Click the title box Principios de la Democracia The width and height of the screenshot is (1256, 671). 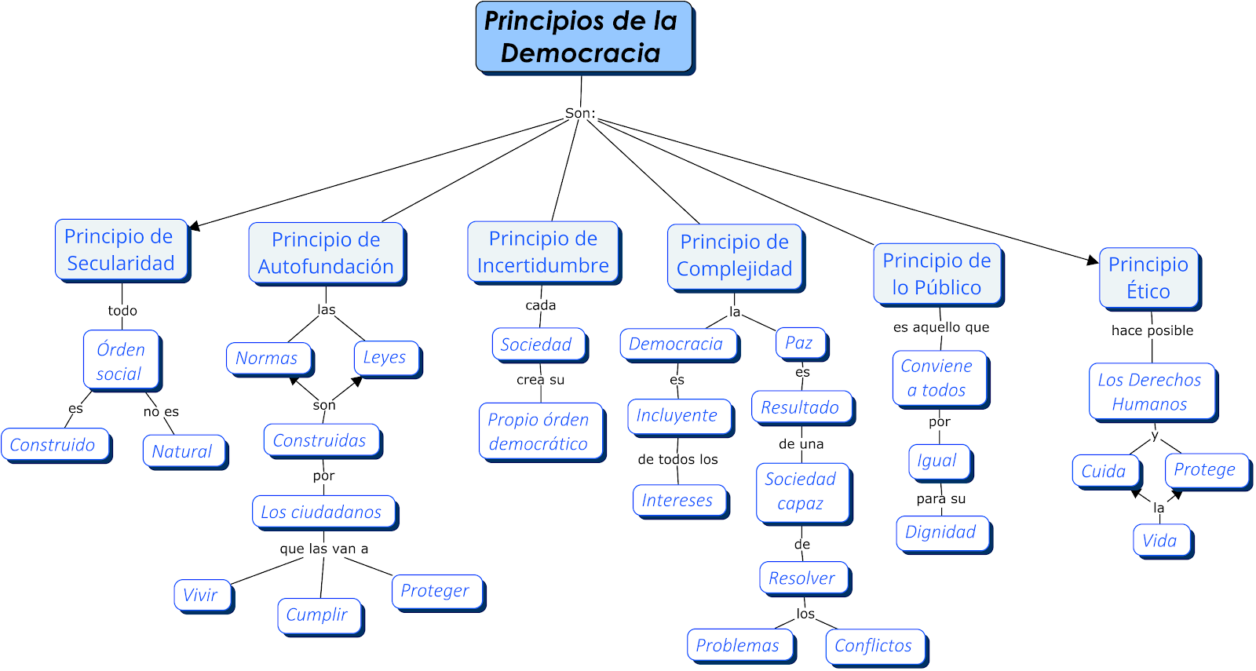[x=583, y=37]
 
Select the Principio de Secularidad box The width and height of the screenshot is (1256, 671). [x=121, y=250]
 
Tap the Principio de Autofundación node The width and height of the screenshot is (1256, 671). [x=326, y=253]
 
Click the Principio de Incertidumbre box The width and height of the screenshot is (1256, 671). [x=542, y=252]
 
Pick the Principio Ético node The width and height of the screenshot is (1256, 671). [x=1148, y=277]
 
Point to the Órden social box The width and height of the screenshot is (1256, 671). [x=121, y=361]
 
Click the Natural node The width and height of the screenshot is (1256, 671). [x=183, y=451]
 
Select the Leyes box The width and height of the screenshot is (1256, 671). [x=385, y=358]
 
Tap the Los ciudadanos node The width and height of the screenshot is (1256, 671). [x=323, y=512]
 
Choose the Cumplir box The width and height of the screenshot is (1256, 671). [x=318, y=615]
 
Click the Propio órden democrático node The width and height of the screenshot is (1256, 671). [x=539, y=432]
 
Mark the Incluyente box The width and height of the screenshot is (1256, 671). [x=678, y=416]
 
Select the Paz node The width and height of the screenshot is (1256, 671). [x=799, y=343]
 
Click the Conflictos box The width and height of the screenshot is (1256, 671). [x=874, y=646]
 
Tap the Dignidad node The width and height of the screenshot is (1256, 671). [x=941, y=533]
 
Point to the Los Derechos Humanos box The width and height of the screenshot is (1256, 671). [x=1150, y=392]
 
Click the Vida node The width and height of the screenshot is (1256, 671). [x=1160, y=541]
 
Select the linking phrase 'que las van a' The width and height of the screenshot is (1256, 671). [x=323, y=549]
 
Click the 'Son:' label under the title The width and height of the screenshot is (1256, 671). [x=580, y=113]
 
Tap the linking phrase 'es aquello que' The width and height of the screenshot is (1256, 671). [x=941, y=327]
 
